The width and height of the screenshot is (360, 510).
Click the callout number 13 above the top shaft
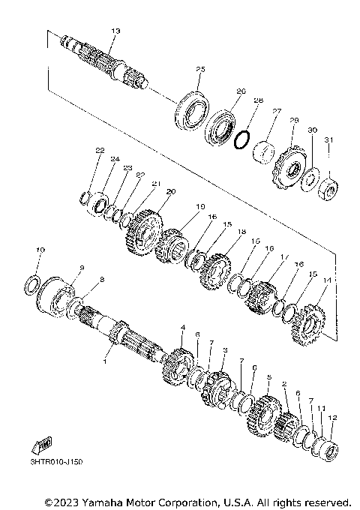point(115,31)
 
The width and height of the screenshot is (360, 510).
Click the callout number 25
point(199,69)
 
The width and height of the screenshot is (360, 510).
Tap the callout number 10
point(40,249)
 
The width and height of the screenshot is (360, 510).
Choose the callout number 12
point(333,418)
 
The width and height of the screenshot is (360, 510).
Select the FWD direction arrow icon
point(40,445)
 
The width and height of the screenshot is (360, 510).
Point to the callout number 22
point(98,151)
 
